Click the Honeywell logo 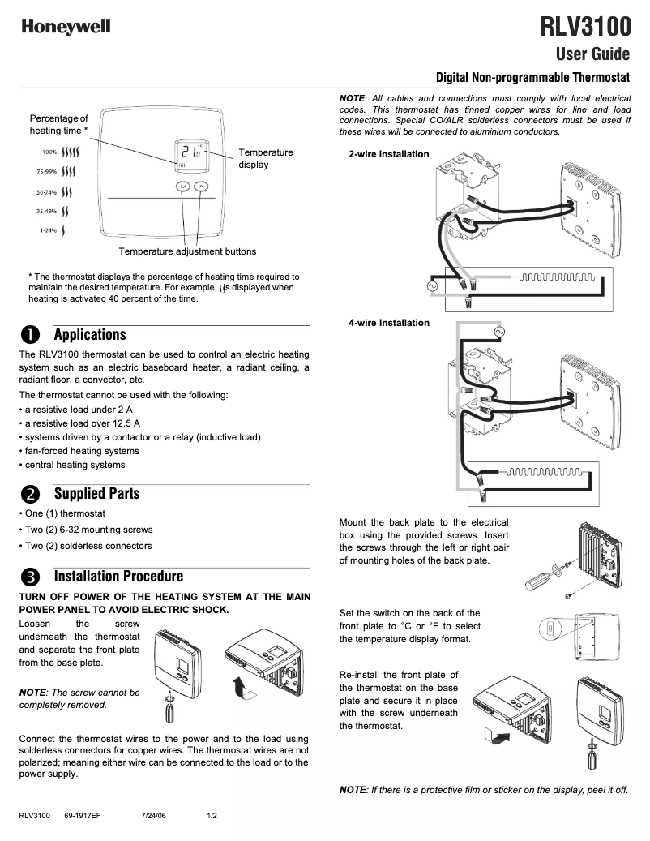point(66,28)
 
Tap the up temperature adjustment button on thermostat point(201,187)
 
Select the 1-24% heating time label point(49,230)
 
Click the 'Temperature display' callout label point(266,158)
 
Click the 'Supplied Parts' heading point(96,493)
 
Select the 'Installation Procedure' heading point(118,577)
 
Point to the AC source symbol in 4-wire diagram point(498,332)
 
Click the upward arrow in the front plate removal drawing point(237,689)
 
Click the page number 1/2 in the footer point(212,815)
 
